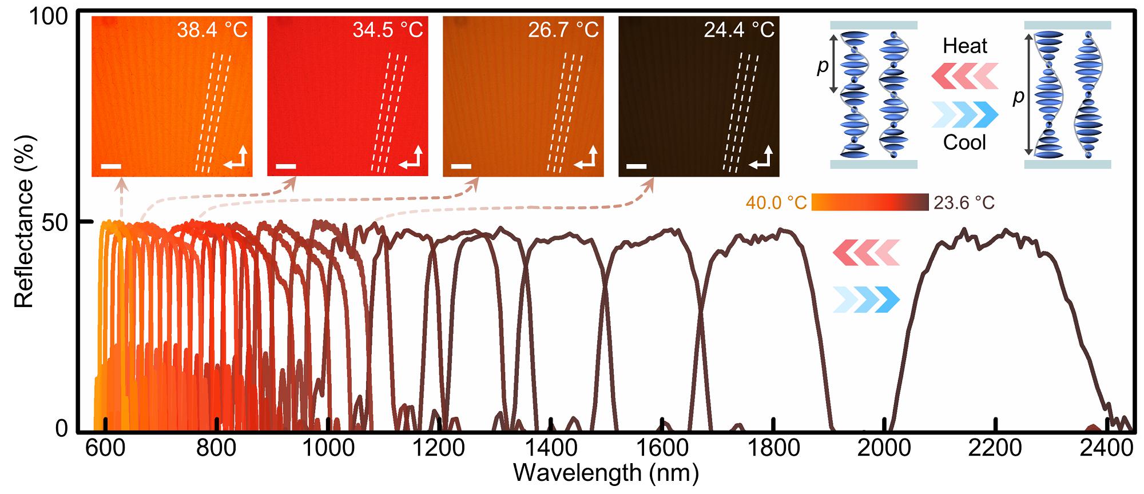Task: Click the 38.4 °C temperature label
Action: point(212,30)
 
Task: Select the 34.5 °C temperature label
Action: point(387,30)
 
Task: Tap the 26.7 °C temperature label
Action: point(563,30)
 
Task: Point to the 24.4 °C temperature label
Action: point(739,30)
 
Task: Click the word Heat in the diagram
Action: point(965,46)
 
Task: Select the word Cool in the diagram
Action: point(964,142)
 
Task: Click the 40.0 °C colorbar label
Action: point(776,202)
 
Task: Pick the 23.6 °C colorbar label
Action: point(964,202)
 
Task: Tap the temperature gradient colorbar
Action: point(869,202)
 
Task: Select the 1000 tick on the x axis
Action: point(328,448)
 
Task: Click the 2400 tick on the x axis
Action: point(1107,448)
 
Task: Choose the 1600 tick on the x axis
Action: point(662,448)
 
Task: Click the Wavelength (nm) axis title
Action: point(606,473)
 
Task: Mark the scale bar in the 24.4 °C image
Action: point(637,166)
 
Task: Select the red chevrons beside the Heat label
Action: point(965,76)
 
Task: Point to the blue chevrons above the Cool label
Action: point(965,114)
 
